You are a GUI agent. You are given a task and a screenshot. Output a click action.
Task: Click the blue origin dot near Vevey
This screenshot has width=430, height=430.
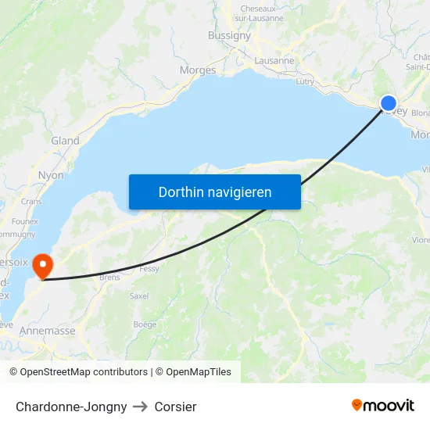[389, 103]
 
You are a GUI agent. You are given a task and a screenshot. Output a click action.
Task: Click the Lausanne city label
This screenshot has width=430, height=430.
[274, 60]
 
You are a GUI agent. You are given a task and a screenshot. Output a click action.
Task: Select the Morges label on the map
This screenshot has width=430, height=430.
[198, 70]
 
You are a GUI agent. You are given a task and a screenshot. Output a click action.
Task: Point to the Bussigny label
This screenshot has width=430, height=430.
[229, 35]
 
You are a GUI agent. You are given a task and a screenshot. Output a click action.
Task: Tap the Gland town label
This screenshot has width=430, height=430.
[65, 141]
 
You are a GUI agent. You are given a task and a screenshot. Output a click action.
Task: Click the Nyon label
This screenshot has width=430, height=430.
[51, 176]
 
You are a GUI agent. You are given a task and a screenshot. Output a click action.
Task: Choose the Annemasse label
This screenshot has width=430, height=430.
[48, 331]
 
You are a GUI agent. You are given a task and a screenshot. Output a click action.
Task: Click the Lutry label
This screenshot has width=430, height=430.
[305, 81]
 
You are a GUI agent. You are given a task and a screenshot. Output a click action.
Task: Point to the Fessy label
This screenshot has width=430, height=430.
[149, 268]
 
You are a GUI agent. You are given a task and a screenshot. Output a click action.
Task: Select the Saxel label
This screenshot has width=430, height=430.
[139, 296]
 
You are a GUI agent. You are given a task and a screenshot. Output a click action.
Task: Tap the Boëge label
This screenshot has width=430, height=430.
[145, 324]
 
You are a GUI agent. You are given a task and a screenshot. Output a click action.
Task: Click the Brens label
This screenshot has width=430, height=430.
[109, 277]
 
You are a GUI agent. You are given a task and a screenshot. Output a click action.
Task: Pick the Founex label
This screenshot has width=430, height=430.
[25, 221]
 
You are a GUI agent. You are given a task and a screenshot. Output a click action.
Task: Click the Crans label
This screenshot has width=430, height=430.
[31, 201]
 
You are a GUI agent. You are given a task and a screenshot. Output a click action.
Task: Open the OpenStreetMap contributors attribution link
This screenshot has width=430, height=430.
[84, 372]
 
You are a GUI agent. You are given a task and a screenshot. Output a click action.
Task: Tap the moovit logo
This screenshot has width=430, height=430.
[383, 406]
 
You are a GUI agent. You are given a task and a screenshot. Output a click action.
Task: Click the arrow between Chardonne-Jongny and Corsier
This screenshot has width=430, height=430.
[141, 407]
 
